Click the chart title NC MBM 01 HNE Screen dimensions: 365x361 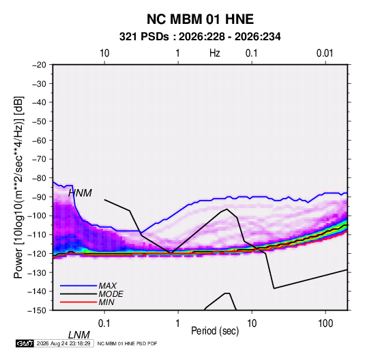pyautogui.click(x=200, y=19)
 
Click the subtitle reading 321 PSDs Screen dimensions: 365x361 pyautogui.click(x=144, y=37)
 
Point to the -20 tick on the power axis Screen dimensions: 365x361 pyautogui.click(x=39, y=65)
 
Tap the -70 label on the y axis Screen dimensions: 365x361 pyautogui.click(x=39, y=159)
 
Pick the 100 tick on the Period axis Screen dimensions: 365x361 pyautogui.click(x=325, y=323)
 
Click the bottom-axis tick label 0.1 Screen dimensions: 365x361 pyautogui.click(x=104, y=323)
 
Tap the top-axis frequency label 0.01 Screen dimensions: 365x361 pyautogui.click(x=325, y=53)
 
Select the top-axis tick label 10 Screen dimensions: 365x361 pyautogui.click(x=104, y=53)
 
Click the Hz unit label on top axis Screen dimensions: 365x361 pyautogui.click(x=215, y=53)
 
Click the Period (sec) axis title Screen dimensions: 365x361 pyautogui.click(x=215, y=331)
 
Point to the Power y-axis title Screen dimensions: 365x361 pyautogui.click(x=18, y=188)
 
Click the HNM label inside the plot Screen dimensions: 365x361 pyautogui.click(x=80, y=193)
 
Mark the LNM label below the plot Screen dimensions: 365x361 pyautogui.click(x=79, y=335)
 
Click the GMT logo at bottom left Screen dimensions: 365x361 pyautogui.click(x=25, y=343)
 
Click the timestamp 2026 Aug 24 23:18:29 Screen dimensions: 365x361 pyautogui.click(x=63, y=343)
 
